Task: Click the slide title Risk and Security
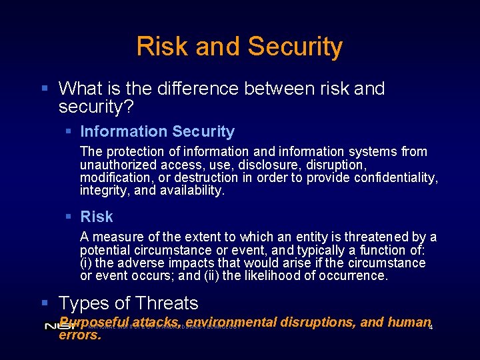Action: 239,47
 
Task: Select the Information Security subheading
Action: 157,132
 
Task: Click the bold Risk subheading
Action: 97,217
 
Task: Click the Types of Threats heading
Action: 129,303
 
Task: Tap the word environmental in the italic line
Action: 232,322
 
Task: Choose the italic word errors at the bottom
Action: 80,335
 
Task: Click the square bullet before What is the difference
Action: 44,89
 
